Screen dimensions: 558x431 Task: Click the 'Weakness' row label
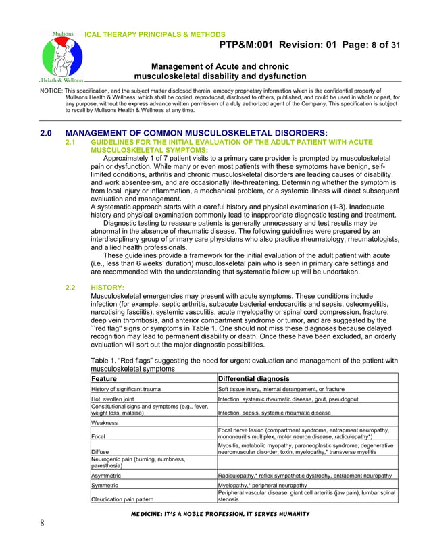105,423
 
